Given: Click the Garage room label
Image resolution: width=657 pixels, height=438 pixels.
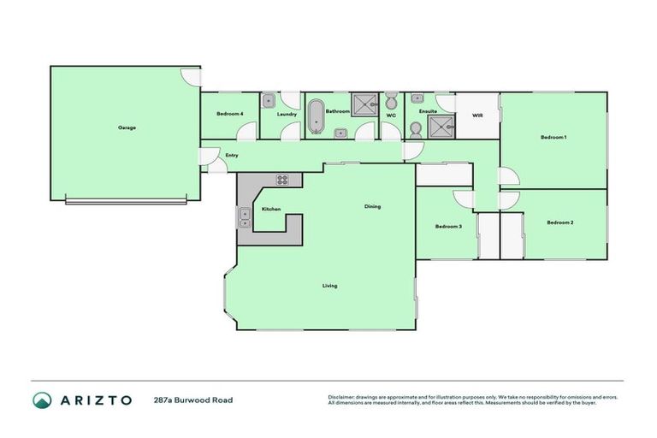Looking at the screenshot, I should click(x=127, y=127).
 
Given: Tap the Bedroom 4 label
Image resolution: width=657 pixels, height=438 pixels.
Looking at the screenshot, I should click(x=229, y=114).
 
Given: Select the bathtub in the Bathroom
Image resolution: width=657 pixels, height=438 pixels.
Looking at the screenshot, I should click(x=316, y=117).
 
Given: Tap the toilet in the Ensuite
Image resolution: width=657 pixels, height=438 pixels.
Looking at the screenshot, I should click(x=416, y=129).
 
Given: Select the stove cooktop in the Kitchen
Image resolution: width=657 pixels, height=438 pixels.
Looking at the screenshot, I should click(x=282, y=180).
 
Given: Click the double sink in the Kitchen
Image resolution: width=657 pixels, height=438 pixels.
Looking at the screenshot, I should click(x=245, y=218).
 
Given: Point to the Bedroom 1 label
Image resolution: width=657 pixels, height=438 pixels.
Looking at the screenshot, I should click(x=553, y=137).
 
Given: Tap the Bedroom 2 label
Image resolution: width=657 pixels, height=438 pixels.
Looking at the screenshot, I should click(x=559, y=222).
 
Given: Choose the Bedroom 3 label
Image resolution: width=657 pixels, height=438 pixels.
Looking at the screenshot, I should click(x=448, y=227).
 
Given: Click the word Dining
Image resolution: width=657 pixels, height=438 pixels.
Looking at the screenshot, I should click(x=372, y=206).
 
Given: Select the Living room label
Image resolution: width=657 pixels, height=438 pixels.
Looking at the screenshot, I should click(x=329, y=285).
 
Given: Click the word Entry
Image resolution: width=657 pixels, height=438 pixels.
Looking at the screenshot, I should click(x=231, y=155).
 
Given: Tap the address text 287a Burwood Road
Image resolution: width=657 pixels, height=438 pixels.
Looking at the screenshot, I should click(x=192, y=400).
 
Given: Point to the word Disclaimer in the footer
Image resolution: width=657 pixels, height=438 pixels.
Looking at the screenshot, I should click(x=341, y=397).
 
